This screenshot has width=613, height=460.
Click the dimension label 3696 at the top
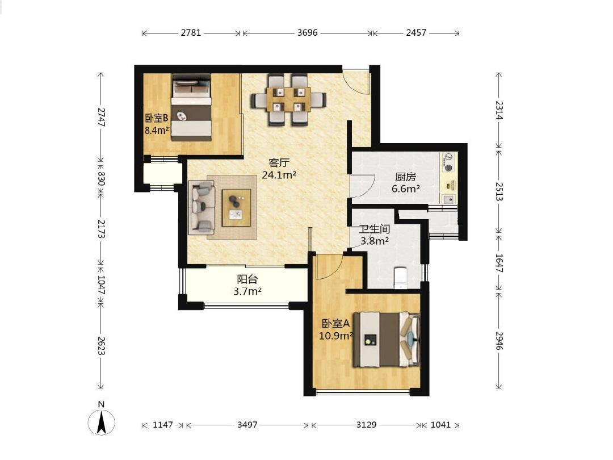(x=307, y=32)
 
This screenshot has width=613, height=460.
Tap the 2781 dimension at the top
(x=191, y=32)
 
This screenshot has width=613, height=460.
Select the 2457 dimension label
(x=416, y=32)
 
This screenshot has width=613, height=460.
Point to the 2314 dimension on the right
(x=499, y=110)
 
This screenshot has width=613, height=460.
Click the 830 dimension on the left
(x=101, y=178)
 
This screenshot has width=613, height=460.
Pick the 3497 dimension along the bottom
(x=247, y=424)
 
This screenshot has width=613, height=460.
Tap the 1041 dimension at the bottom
(x=440, y=424)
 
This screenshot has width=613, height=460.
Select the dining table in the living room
(x=288, y=100)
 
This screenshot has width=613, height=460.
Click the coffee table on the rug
(x=237, y=208)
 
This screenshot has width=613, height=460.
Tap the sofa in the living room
(x=201, y=207)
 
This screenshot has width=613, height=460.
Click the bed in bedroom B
(x=192, y=107)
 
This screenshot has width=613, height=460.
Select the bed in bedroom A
(x=387, y=340)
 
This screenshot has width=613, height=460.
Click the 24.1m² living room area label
(x=279, y=175)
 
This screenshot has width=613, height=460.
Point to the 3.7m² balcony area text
(x=247, y=291)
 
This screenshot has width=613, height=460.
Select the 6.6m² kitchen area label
(x=405, y=189)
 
